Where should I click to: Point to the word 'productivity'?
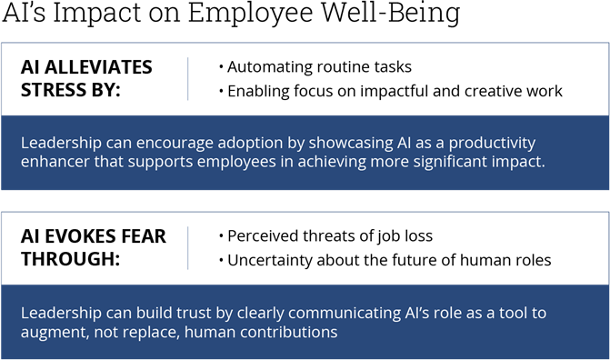click(x=490, y=144)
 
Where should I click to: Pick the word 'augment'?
click(x=54, y=334)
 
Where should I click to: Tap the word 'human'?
click(x=211, y=334)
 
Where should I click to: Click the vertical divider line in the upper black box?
click(x=188, y=78)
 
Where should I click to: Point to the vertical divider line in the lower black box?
click(x=188, y=247)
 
